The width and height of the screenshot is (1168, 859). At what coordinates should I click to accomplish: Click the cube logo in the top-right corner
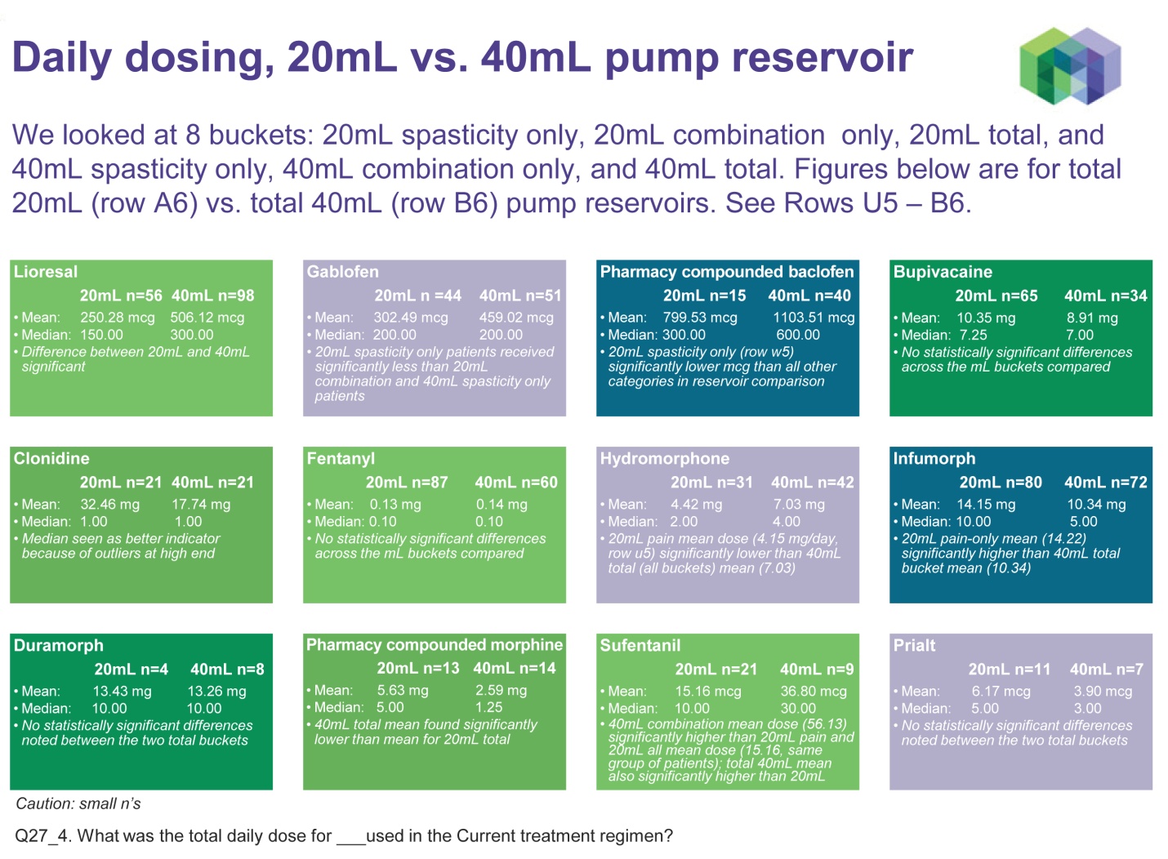[x=1070, y=65]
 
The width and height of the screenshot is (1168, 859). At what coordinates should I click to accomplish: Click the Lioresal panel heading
[x=46, y=272]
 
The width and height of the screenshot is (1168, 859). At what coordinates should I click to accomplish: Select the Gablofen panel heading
[x=342, y=272]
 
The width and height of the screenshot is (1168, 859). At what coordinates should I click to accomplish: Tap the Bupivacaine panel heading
[x=943, y=272]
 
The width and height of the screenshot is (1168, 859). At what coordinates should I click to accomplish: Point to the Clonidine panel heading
[x=51, y=458]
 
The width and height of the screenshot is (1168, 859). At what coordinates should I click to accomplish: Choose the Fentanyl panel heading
[x=341, y=458]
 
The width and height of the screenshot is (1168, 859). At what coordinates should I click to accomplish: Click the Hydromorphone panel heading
[x=664, y=458]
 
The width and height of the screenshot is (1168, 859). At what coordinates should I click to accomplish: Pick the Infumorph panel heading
[x=934, y=458]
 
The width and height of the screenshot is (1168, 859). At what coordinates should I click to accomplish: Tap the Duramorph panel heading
[x=58, y=645]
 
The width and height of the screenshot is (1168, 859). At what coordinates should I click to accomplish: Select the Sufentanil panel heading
[x=640, y=645]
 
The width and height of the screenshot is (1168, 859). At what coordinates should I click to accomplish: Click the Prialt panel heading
[x=914, y=645]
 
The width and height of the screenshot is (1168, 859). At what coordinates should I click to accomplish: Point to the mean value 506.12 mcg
[x=207, y=318]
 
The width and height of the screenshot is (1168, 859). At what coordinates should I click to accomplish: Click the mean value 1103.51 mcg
[x=814, y=318]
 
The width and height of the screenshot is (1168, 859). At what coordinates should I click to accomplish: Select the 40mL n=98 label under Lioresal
[x=212, y=296]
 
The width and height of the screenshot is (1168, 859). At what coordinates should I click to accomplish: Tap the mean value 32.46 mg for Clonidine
[x=109, y=505]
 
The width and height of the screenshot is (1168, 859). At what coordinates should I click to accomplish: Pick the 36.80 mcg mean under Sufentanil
[x=813, y=691]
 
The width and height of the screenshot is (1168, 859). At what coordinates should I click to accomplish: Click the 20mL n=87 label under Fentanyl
[x=406, y=483]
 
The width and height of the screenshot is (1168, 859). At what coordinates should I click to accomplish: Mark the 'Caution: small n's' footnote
[x=78, y=803]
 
